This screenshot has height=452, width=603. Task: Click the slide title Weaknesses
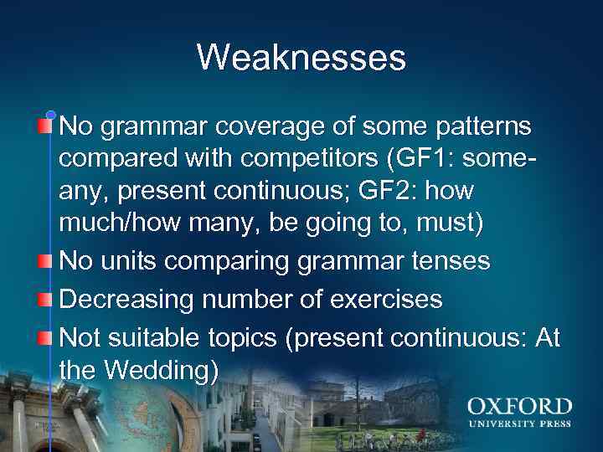click(301, 58)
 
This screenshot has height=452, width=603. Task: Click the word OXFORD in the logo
click(519, 408)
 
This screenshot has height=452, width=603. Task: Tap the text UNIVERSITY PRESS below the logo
click(519, 424)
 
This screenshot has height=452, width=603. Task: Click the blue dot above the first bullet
click(50, 115)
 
